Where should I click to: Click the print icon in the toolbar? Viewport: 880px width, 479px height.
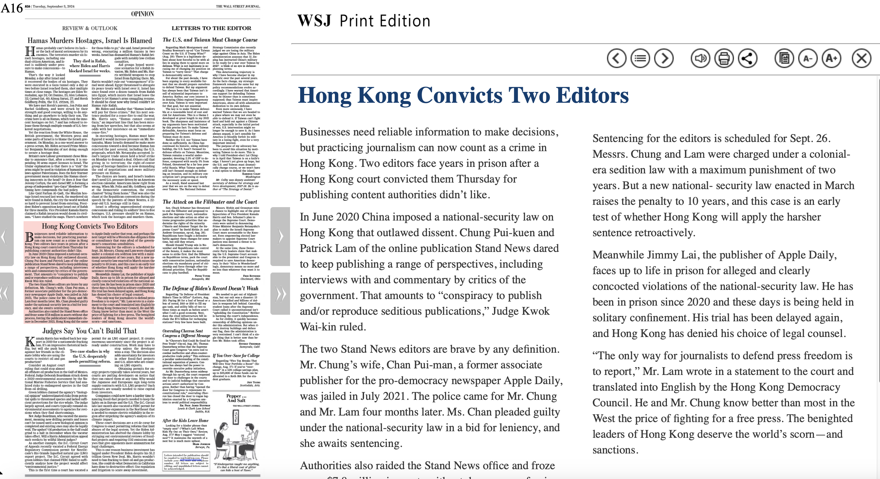click(724, 58)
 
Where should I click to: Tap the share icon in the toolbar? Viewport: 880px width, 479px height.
click(747, 58)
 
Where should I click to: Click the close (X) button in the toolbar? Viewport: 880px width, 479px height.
click(862, 58)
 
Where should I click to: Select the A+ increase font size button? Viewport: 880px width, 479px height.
click(831, 58)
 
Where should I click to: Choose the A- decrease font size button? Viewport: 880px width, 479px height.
click(808, 58)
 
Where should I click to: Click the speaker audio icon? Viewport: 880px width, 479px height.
click(700, 58)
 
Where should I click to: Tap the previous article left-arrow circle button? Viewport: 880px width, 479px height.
click(616, 58)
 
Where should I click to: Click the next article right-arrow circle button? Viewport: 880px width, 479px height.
click(664, 58)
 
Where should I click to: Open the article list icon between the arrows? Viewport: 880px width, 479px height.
click(640, 58)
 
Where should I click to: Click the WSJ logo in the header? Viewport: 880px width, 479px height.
click(314, 21)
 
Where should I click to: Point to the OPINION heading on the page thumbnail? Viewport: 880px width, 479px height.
click(142, 14)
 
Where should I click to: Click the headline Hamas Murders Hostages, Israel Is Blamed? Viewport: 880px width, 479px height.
click(89, 41)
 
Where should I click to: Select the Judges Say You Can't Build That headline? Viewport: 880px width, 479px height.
click(89, 331)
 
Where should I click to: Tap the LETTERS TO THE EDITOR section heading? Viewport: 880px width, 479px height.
click(211, 28)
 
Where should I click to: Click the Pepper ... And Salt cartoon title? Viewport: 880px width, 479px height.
click(236, 398)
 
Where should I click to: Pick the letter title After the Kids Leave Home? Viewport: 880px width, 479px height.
click(185, 420)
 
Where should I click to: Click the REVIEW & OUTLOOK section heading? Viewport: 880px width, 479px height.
click(89, 28)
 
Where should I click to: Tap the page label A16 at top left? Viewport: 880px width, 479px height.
click(11, 8)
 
